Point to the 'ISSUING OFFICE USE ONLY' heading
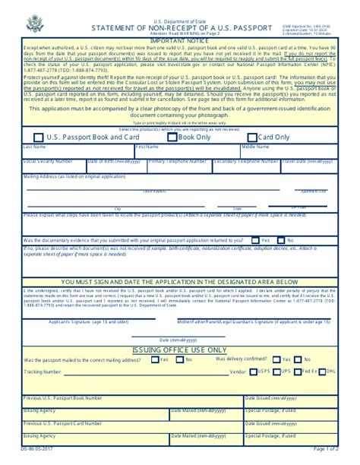(x=180, y=349)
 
